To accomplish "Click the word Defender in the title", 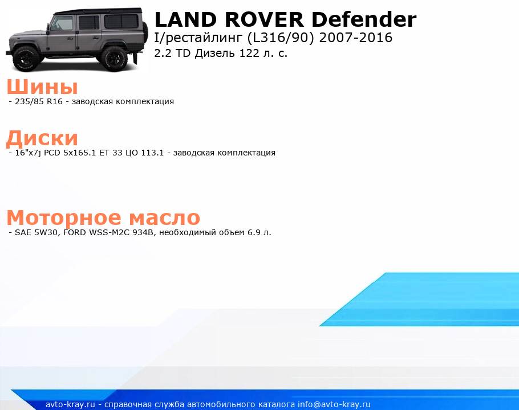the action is (x=364, y=19).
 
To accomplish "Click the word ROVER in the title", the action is (x=264, y=19).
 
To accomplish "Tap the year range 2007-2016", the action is (x=356, y=38).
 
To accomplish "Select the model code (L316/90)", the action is (x=281, y=38).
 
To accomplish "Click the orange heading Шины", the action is (x=42, y=87).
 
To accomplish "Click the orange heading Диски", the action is (x=42, y=138).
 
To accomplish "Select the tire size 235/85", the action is (x=30, y=101).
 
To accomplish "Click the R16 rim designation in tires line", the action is (x=55, y=101).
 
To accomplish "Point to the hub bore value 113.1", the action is (x=153, y=153).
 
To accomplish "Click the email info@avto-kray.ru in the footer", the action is (x=334, y=404).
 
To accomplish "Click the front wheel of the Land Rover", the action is (x=26, y=59).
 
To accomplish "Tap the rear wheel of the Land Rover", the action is (x=114, y=59).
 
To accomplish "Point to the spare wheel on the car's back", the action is (x=145, y=32).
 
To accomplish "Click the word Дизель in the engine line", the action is (x=215, y=54).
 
